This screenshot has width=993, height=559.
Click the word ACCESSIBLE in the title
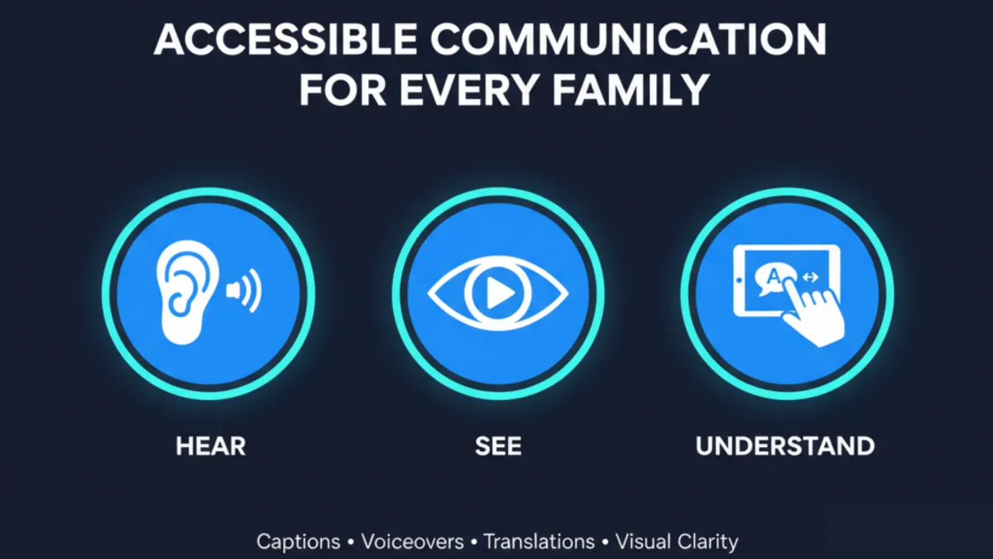(285, 39)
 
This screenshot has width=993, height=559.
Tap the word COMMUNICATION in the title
(629, 39)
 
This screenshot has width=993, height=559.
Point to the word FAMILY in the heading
(631, 89)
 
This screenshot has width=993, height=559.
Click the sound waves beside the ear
(245, 291)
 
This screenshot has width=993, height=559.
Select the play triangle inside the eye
(500, 293)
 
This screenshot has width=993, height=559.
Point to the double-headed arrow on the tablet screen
(811, 277)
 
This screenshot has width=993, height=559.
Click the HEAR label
(210, 446)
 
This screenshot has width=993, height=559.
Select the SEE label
(498, 446)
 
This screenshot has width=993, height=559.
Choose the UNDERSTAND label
(785, 446)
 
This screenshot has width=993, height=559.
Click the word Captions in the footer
(299, 542)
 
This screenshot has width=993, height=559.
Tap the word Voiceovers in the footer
(412, 542)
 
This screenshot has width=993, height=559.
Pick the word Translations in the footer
(539, 542)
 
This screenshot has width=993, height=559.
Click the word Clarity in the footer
(708, 542)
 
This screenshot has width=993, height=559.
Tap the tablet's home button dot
(739, 281)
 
